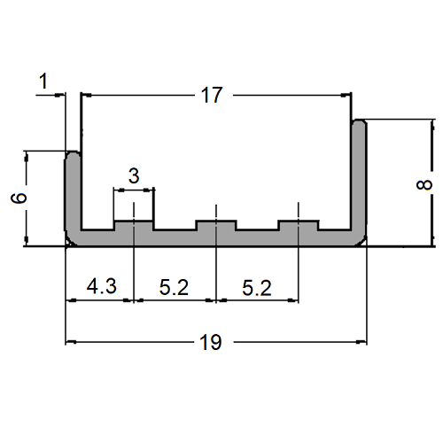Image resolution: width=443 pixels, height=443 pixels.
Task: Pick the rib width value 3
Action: pyautogui.click(x=133, y=175)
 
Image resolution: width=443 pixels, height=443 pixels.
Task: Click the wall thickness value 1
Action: pyautogui.click(x=45, y=82)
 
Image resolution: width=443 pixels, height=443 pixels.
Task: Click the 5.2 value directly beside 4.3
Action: pyautogui.click(x=174, y=287)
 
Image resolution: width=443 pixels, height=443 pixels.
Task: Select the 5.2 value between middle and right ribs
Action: pyautogui.click(x=258, y=287)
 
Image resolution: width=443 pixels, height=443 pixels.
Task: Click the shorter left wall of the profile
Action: pyautogui.click(x=74, y=195)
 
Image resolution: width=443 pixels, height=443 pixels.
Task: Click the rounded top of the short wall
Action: pyautogui.click(x=74, y=155)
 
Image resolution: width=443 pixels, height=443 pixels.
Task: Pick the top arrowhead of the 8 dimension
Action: pyautogui.click(x=431, y=124)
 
